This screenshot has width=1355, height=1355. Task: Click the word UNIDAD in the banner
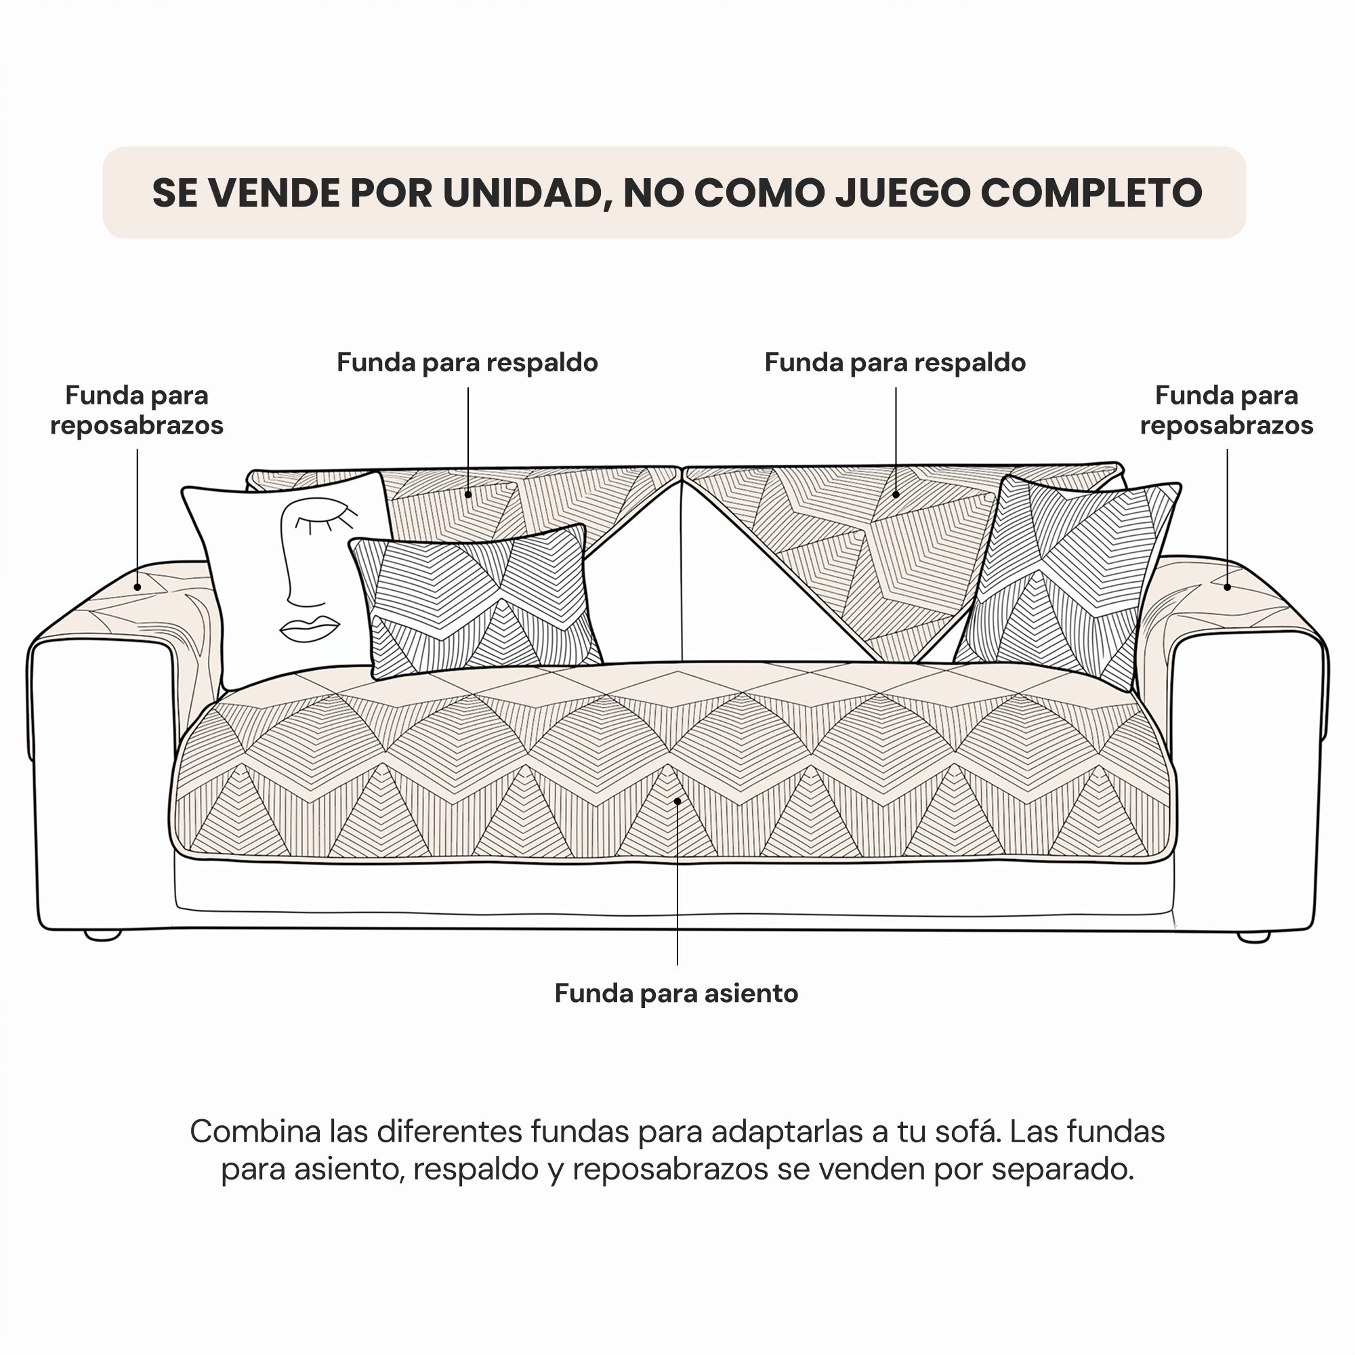tap(523, 193)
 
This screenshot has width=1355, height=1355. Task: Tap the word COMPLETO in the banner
tap(1091, 193)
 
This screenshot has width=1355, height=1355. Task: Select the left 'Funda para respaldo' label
tap(467, 362)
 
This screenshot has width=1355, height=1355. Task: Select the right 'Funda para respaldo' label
tap(895, 362)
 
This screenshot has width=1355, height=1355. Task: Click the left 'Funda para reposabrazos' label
tap(137, 411)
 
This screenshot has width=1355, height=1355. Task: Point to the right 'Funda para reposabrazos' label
tap(1227, 411)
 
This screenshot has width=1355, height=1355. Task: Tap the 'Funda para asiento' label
tap(677, 994)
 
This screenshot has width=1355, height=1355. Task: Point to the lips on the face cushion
tap(310, 629)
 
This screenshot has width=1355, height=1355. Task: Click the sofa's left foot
tap(102, 935)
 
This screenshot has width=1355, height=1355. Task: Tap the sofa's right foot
tap(1254, 937)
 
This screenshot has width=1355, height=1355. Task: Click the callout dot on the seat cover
tap(677, 801)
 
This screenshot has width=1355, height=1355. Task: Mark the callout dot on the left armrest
tap(138, 587)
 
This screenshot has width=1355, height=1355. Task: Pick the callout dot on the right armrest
tap(1228, 587)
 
